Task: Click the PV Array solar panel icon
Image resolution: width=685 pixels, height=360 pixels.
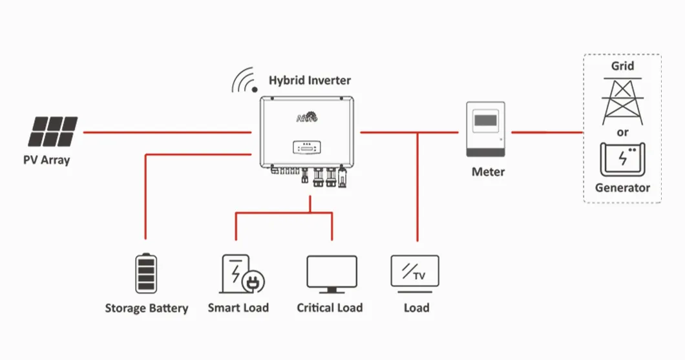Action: pyautogui.click(x=52, y=131)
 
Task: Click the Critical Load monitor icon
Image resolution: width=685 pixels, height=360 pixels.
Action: pyautogui.click(x=332, y=274)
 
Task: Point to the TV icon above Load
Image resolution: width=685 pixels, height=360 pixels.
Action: pyautogui.click(x=415, y=272)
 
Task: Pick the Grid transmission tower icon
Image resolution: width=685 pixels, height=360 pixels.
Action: pyautogui.click(x=622, y=101)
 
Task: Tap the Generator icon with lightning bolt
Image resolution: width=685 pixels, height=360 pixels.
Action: pyautogui.click(x=622, y=159)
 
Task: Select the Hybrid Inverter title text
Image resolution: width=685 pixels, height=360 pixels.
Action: pyautogui.click(x=310, y=81)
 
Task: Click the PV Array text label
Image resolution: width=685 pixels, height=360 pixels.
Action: pyautogui.click(x=47, y=160)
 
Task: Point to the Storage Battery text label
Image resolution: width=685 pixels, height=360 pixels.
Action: pyautogui.click(x=147, y=308)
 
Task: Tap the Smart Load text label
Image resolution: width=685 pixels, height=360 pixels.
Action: pyautogui.click(x=238, y=308)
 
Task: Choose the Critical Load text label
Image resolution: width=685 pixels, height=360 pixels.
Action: pyautogui.click(x=330, y=308)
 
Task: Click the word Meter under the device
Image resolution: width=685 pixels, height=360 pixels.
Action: pyautogui.click(x=488, y=172)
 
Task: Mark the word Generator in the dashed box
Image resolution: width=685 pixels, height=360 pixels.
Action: pyautogui.click(x=622, y=188)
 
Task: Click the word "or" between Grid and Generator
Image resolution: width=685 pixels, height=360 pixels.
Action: pyautogui.click(x=623, y=132)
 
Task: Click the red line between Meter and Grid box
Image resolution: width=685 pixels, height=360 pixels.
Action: pyautogui.click(x=547, y=132)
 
